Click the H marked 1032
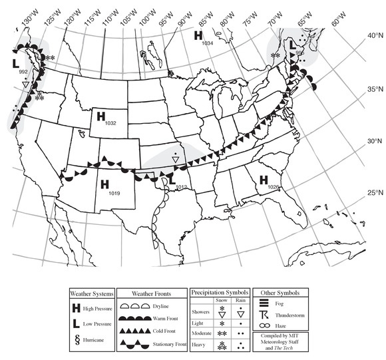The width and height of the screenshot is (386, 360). tap(101, 116)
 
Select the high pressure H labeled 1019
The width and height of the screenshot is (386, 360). tap(104, 184)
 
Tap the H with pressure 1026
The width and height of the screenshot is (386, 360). tap(264, 180)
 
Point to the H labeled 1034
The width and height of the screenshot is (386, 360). tap(198, 35)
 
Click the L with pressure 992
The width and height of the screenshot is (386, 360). tap(15, 63)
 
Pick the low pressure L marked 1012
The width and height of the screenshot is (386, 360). tap(172, 180)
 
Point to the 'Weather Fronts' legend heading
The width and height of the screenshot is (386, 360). tap(152, 293)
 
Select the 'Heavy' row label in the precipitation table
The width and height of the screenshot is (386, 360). tap(200, 345)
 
